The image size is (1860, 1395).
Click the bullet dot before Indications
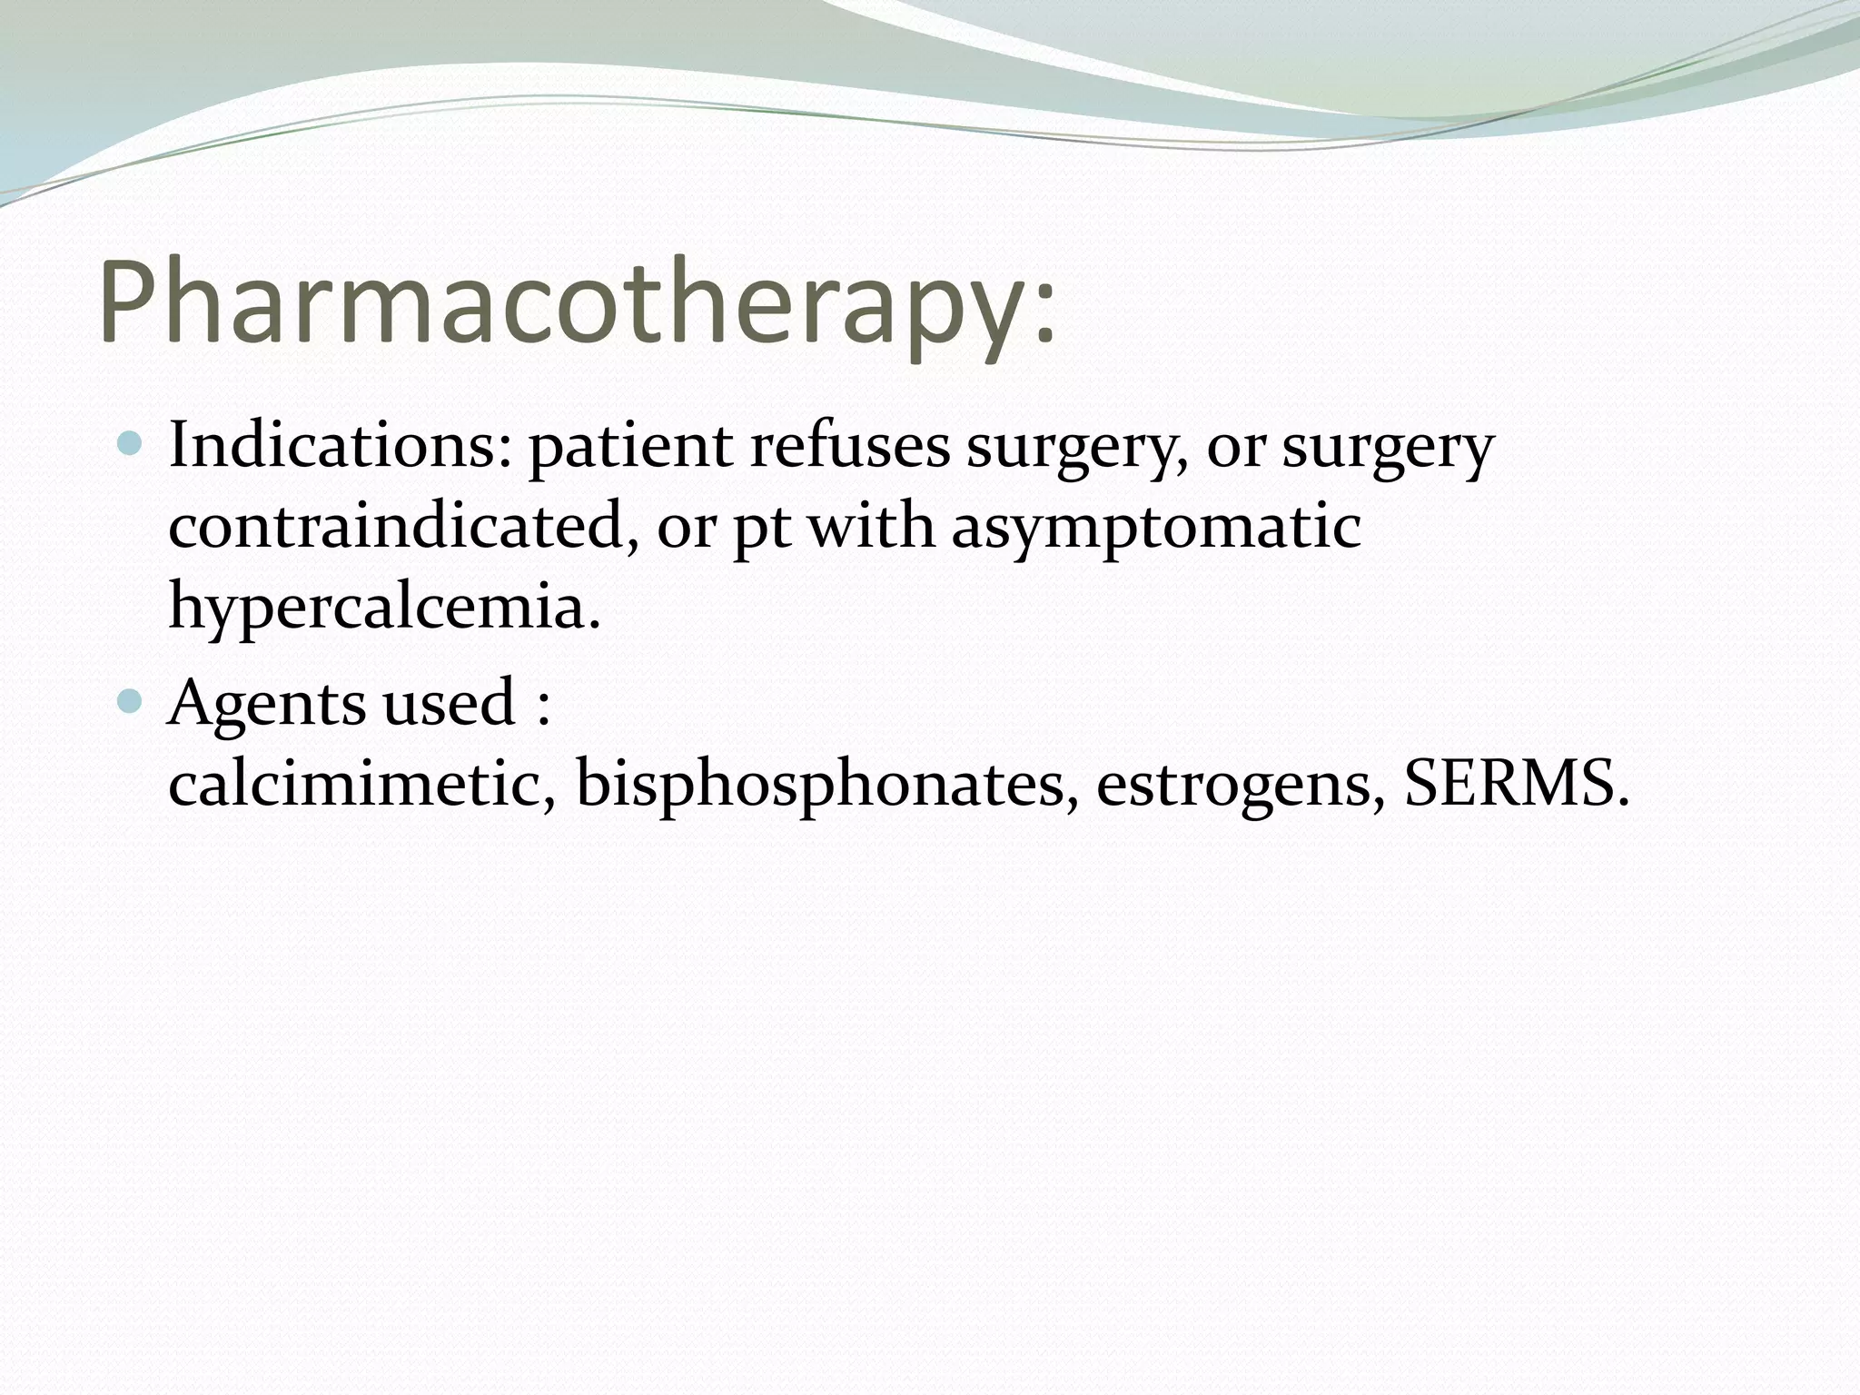131,444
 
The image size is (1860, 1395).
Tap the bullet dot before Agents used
131,701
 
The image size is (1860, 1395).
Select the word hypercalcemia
385,607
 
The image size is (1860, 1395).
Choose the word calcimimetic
362,783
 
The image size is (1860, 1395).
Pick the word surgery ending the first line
1388,449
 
